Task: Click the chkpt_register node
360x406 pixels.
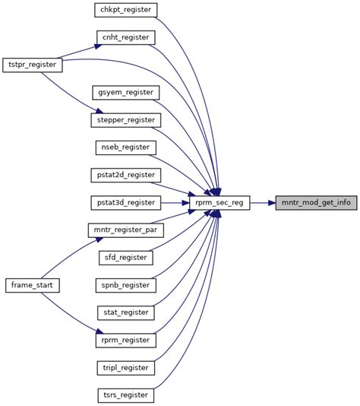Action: (x=126, y=10)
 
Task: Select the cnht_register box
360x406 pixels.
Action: (x=126, y=37)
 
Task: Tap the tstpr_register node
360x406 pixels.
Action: (x=32, y=65)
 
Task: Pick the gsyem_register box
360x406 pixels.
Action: (x=126, y=92)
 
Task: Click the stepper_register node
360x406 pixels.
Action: (x=126, y=120)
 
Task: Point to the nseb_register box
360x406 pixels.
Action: (x=126, y=147)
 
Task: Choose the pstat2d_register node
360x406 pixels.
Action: (x=126, y=175)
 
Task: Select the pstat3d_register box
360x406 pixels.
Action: (x=126, y=202)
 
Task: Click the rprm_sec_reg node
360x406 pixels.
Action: (x=219, y=203)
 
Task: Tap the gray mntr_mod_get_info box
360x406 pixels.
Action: (x=316, y=203)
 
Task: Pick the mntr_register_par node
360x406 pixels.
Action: (x=126, y=230)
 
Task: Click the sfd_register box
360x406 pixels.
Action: (x=126, y=258)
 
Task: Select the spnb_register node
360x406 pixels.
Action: (x=126, y=285)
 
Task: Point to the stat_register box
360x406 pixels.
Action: (x=126, y=312)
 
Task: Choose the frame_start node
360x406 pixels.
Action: (x=32, y=285)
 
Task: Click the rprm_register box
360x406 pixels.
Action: (x=126, y=341)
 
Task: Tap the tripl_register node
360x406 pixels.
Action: (x=126, y=368)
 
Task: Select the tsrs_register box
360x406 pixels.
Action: (x=126, y=395)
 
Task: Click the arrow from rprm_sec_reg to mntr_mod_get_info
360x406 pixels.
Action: (x=263, y=203)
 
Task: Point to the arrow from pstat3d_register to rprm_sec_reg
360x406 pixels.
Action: (x=175, y=203)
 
